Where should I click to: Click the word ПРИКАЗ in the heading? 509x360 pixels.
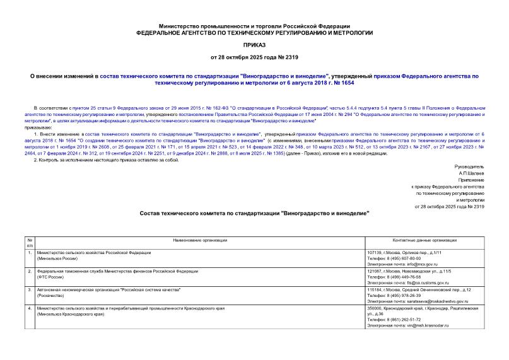click(x=254, y=45)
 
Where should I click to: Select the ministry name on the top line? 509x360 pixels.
click(x=254, y=22)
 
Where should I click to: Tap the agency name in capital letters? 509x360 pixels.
click(x=254, y=32)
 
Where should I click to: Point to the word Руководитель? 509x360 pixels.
click(x=468, y=166)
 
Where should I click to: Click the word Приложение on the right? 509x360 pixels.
click(x=469, y=179)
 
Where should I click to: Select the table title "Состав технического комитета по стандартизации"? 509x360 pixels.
click(x=254, y=214)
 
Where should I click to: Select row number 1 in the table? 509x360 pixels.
click(x=30, y=253)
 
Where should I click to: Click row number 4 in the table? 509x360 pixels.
click(x=30, y=308)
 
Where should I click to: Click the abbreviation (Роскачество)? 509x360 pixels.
click(x=55, y=295)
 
